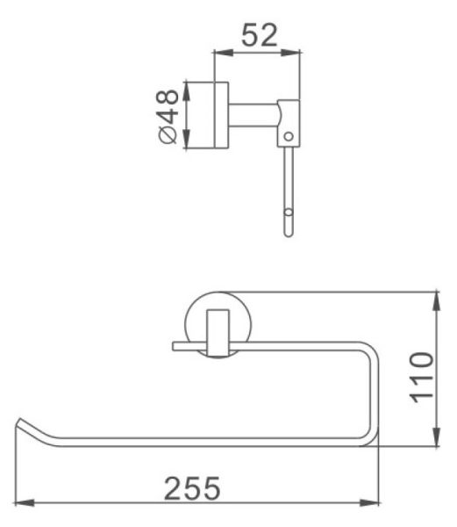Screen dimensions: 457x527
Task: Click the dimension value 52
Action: [x=260, y=35]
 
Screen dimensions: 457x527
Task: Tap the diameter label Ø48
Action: [x=167, y=116]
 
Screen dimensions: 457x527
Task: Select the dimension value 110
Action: [x=421, y=377]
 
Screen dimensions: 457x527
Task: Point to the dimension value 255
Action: [x=192, y=488]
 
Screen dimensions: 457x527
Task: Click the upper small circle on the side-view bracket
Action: [x=289, y=136]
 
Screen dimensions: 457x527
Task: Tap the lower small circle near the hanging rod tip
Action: [x=289, y=213]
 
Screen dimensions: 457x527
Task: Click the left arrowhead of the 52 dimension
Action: [x=223, y=53]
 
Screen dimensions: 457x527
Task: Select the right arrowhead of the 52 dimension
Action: [x=290, y=53]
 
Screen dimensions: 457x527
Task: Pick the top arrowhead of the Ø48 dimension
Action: [x=186, y=91]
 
